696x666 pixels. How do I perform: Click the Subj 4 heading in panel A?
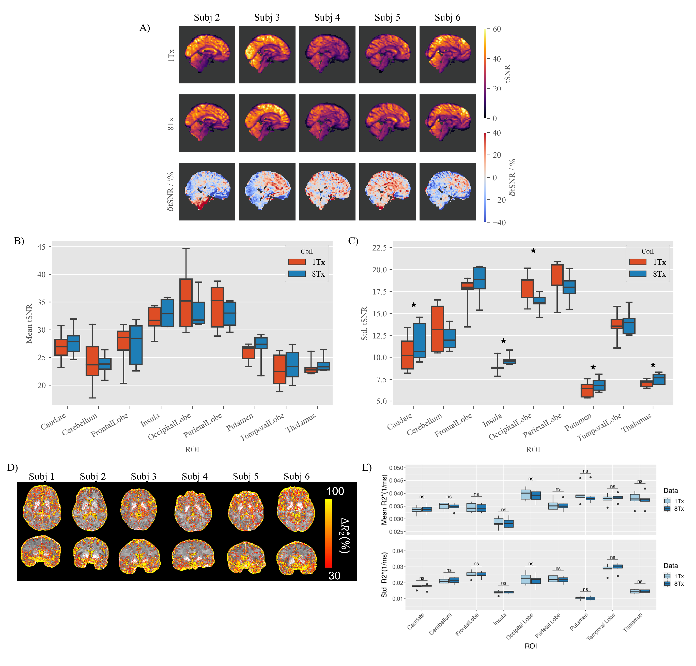[327, 17]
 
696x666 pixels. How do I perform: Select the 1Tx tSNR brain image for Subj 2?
[207, 54]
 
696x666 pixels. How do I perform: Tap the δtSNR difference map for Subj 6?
[447, 191]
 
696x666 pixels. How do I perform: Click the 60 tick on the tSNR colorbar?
[497, 29]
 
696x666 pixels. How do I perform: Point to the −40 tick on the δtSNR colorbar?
[498, 223]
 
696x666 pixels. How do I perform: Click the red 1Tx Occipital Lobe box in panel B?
[186, 302]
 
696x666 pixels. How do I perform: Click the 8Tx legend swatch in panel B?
[297, 274]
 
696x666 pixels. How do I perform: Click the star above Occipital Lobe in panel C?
[533, 251]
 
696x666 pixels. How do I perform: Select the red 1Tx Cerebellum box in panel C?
[437, 329]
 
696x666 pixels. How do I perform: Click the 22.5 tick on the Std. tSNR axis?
[379, 248]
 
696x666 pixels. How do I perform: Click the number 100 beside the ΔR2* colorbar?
[335, 491]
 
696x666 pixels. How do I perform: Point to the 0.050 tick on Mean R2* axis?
[396, 468]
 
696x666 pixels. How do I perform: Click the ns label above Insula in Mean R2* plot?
[503, 509]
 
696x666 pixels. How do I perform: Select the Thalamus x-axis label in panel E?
[632, 622]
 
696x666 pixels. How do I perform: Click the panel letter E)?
[367, 467]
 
